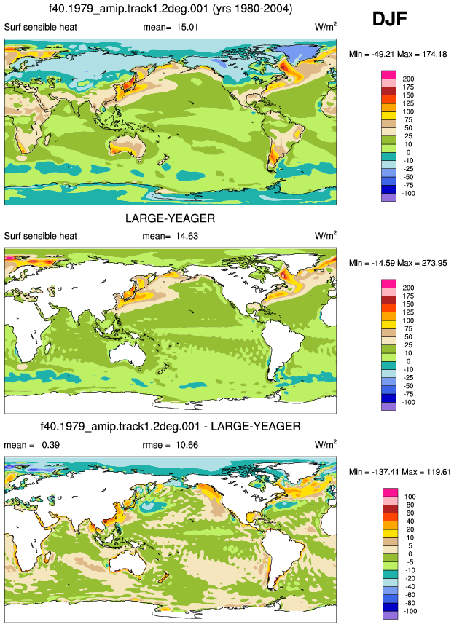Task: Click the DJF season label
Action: pos(390,19)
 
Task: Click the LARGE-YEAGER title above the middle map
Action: pos(170,218)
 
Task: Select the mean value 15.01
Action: pos(187,27)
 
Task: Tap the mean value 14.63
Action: pos(187,236)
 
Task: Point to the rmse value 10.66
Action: pos(187,445)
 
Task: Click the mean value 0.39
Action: pos(51,445)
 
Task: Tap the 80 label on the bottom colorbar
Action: pos(410,505)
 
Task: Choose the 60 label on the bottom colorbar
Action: pos(410,513)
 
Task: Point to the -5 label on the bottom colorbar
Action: pos(410,562)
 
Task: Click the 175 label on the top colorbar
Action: pos(408,87)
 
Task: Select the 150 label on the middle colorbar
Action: pos(408,304)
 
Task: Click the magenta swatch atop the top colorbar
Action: pos(389,75)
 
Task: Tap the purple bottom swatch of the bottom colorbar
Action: pos(390,616)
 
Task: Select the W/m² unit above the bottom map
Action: pos(326,445)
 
